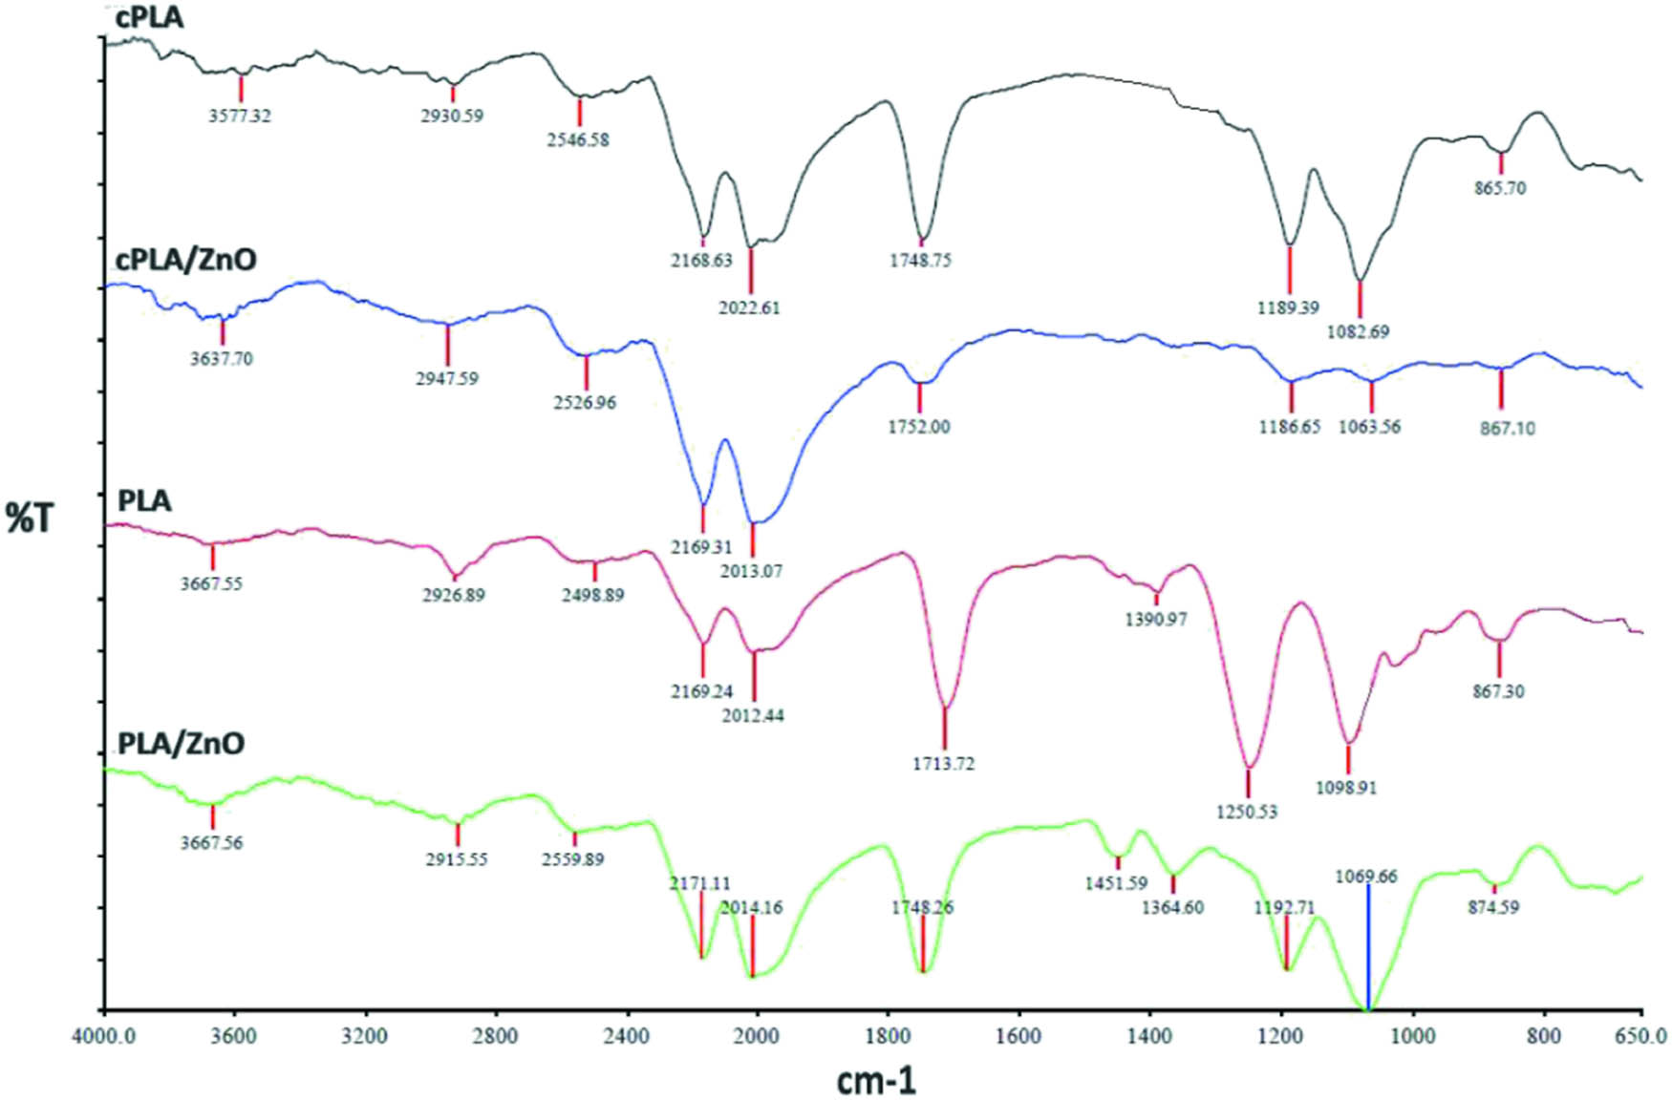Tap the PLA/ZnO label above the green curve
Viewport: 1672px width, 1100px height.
(181, 743)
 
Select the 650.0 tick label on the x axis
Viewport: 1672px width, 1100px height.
(1640, 1035)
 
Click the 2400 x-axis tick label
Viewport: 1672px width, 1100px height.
(627, 1035)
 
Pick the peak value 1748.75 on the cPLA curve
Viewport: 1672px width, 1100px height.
(922, 260)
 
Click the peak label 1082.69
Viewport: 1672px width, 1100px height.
(1359, 332)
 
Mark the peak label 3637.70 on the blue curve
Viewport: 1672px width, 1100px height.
(222, 359)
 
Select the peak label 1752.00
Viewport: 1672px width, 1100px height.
(919, 427)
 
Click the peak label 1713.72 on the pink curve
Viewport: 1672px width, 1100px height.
(944, 764)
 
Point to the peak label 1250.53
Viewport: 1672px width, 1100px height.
(1247, 813)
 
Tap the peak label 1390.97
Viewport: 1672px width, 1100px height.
(1156, 620)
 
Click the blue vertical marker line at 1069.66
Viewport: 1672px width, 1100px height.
(1368, 945)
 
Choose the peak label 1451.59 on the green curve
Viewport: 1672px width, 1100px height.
(1116, 883)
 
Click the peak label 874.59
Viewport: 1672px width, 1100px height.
(1493, 907)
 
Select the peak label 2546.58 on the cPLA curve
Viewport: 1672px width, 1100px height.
(578, 139)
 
